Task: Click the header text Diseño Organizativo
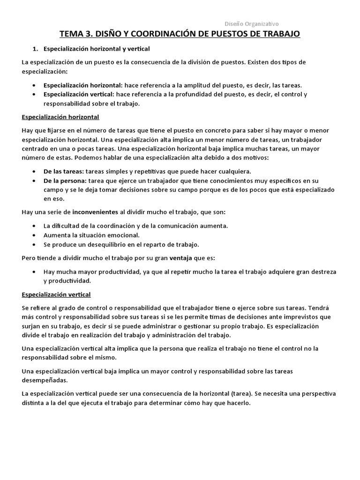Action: pyautogui.click(x=252, y=23)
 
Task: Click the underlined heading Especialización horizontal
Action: pyautogui.click(x=60, y=117)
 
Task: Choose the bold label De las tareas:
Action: pyautogui.click(x=64, y=171)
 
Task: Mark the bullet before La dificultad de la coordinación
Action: pyautogui.click(x=36, y=226)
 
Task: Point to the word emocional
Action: pyautogui.click(x=123, y=235)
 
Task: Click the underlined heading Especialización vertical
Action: pyautogui.click(x=56, y=294)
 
